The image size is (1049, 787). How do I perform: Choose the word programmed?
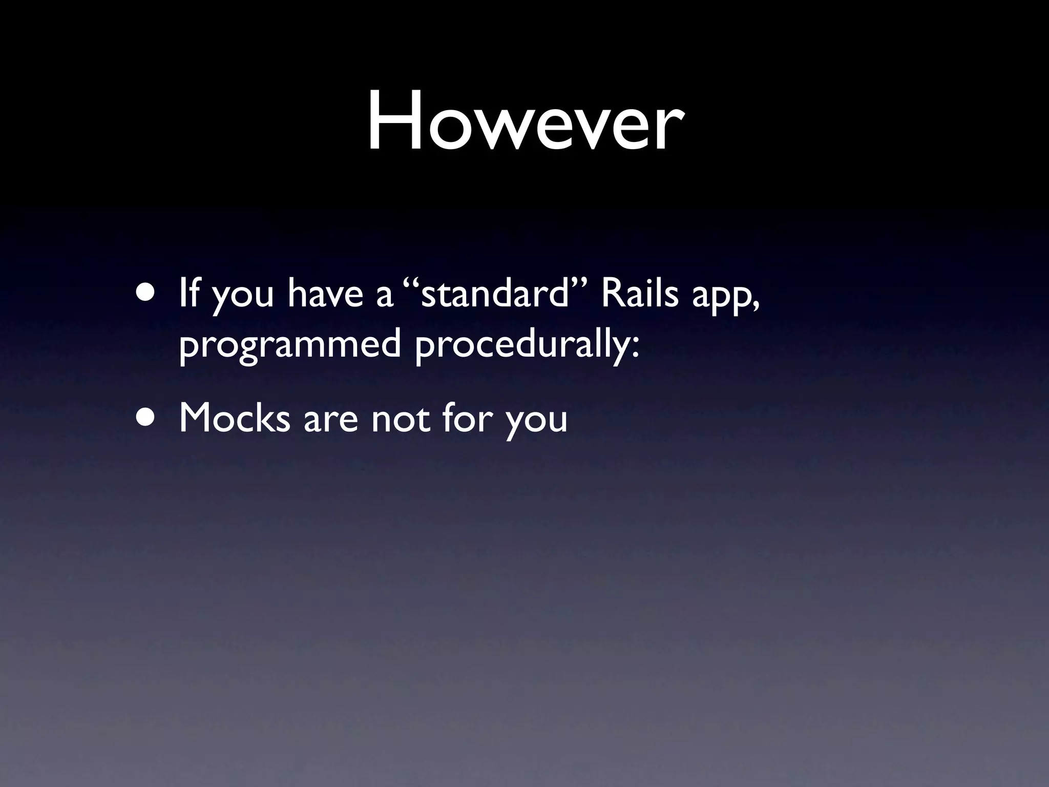pos(289,346)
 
